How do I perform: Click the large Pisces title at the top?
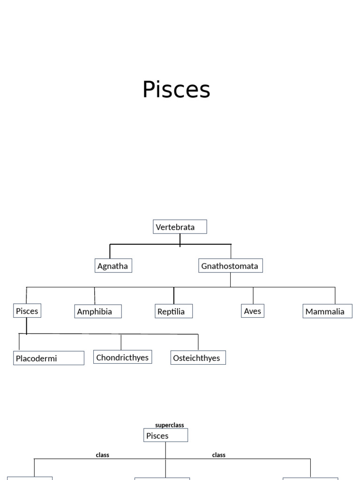[x=176, y=90]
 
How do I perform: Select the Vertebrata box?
[x=180, y=227]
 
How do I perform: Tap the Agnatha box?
[x=113, y=266]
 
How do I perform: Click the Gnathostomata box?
[x=230, y=266]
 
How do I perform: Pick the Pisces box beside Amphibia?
[x=27, y=311]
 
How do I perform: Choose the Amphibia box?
[x=97, y=311]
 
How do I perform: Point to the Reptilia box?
[x=173, y=311]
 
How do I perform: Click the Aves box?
[x=253, y=311]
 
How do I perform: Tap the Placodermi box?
[x=48, y=358]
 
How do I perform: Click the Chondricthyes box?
[x=122, y=357]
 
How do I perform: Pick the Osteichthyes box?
[x=198, y=358]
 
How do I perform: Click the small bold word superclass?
[x=170, y=425]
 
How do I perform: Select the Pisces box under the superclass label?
[x=165, y=435]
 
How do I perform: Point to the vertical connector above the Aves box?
[x=253, y=295]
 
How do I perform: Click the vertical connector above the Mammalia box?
[x=335, y=295]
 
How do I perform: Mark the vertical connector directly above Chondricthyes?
[x=121, y=342]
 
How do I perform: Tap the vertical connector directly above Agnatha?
[x=110, y=251]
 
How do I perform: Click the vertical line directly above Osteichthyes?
[x=198, y=342]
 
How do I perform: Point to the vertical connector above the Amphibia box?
[x=94, y=295]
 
